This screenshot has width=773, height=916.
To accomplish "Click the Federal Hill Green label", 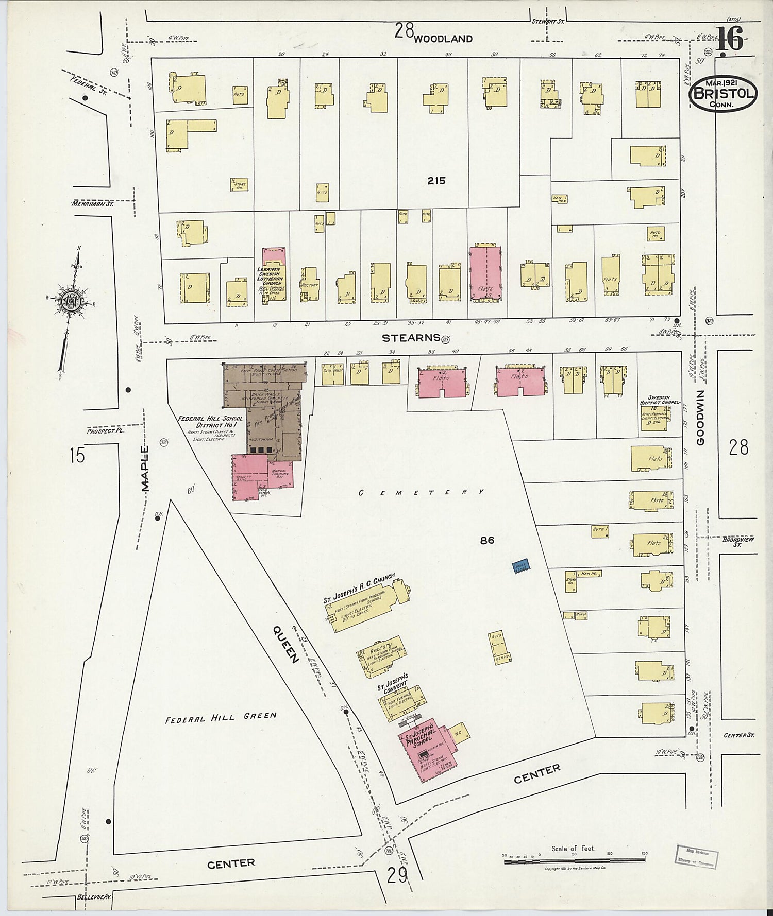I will pos(221,717).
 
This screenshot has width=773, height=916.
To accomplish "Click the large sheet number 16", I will pos(730,39).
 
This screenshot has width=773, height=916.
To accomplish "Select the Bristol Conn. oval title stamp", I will pos(724,94).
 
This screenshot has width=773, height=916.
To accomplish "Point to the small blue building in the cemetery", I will pos(522,566).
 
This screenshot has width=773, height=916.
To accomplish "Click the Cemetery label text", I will pos(421,492).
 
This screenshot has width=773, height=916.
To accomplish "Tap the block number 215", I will pos(436,181).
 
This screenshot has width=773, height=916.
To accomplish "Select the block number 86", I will pos(487,540).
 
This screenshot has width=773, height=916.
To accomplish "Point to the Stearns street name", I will pos(411,338).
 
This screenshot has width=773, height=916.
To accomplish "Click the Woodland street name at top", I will pos(443,39).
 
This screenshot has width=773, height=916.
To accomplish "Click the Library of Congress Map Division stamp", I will pos(696,856).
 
